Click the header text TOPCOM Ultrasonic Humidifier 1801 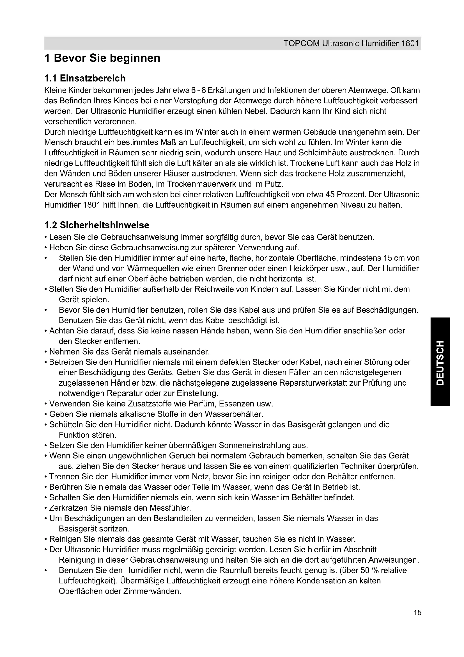(x=351, y=44)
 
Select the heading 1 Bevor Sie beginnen (x=102, y=58)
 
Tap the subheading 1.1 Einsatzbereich (x=85, y=78)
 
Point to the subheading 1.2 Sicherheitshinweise (x=97, y=225)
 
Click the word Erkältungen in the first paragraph (x=225, y=90)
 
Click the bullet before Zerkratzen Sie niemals (x=46, y=508)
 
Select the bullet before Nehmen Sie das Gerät (x=46, y=352)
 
